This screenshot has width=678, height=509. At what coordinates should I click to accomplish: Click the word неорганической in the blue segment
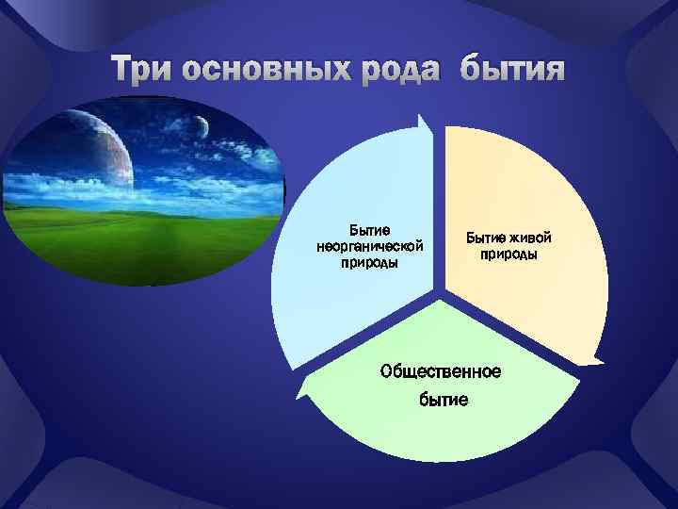click(x=370, y=246)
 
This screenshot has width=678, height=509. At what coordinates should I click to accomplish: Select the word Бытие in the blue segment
click(x=370, y=230)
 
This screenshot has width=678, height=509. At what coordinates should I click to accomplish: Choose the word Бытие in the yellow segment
click(x=485, y=238)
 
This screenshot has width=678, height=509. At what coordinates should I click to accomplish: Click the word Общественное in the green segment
click(x=441, y=370)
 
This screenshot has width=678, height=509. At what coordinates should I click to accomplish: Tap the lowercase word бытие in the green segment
click(x=443, y=401)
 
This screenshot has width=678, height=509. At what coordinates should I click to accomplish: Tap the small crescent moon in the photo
click(x=202, y=125)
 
